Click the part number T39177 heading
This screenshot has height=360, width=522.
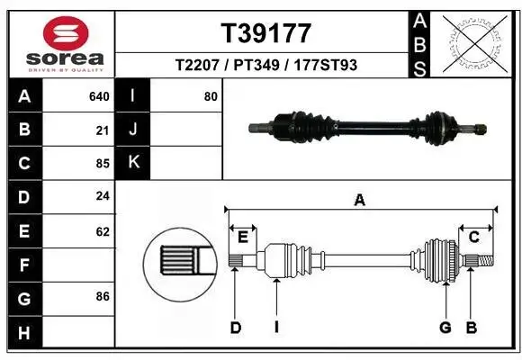tap(266, 33)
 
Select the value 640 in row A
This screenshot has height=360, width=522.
tap(100, 96)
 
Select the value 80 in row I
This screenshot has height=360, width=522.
tap(211, 96)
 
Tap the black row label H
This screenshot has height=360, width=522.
tap(23, 333)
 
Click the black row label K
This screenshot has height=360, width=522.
tap(133, 164)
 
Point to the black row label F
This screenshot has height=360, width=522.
tap(23, 265)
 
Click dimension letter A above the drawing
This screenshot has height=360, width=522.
tap(359, 200)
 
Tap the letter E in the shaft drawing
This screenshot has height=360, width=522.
tap(243, 237)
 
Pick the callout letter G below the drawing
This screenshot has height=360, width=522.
tap(445, 328)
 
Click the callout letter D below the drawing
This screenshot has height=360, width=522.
tap(236, 328)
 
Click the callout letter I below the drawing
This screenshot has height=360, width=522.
tap(276, 328)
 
